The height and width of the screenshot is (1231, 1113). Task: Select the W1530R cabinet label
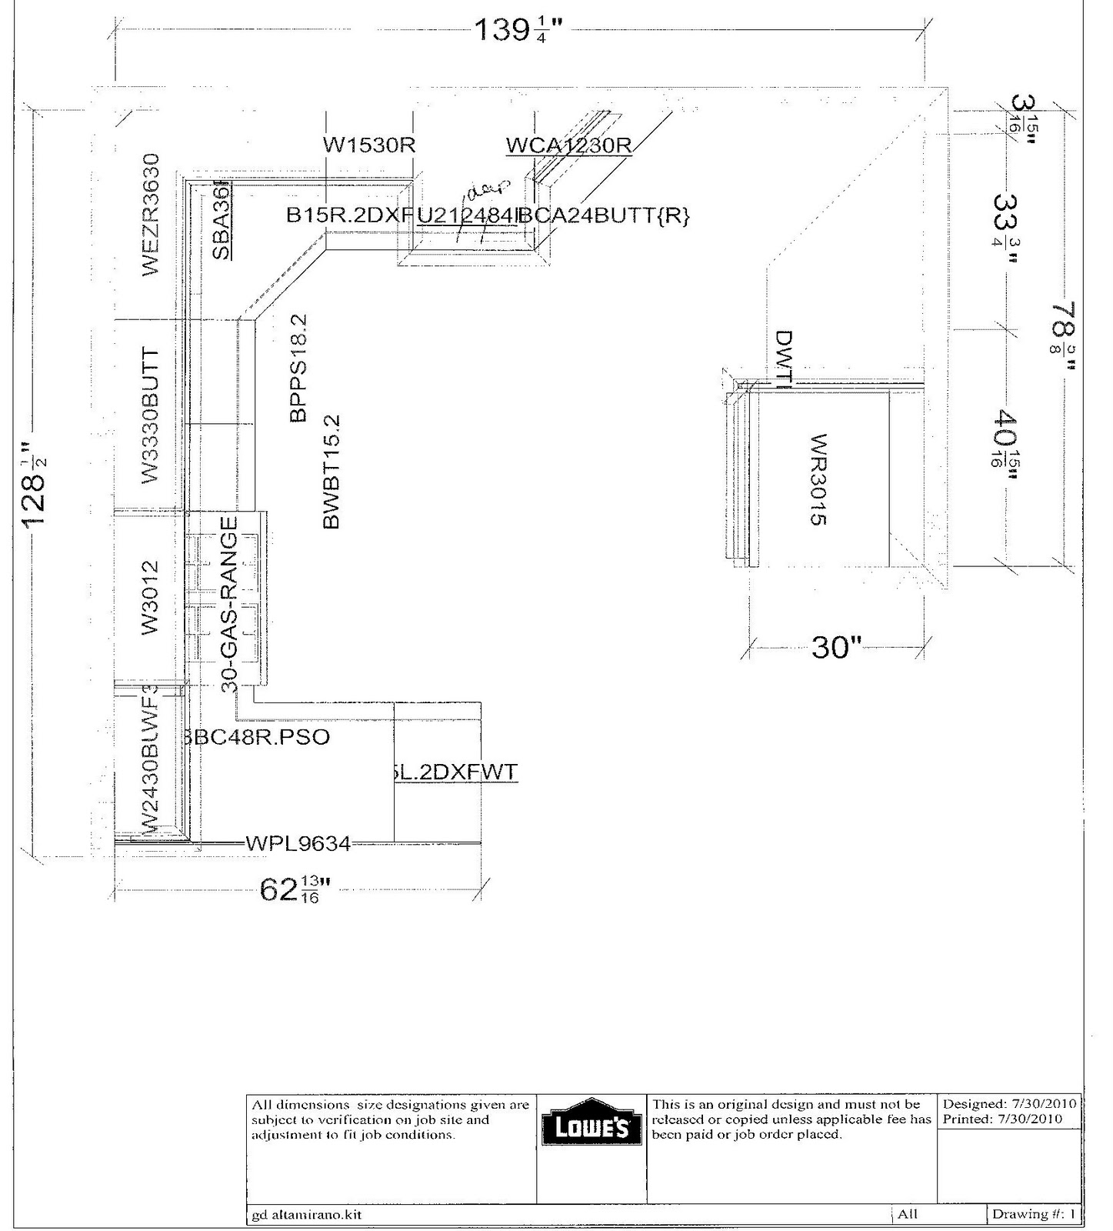369,145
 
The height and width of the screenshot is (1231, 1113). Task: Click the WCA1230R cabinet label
569,145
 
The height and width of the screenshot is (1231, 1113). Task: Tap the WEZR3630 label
150,215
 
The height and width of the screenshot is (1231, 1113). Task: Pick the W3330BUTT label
150,416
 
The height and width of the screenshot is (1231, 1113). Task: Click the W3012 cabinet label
150,597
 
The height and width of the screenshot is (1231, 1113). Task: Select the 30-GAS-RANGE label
230,603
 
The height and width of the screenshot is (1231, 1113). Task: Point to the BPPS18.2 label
298,368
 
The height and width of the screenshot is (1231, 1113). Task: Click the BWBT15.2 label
332,472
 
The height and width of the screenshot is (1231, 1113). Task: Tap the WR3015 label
818,479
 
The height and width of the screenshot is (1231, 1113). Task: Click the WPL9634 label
298,844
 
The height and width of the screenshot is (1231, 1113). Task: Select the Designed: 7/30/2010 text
1010,1104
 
